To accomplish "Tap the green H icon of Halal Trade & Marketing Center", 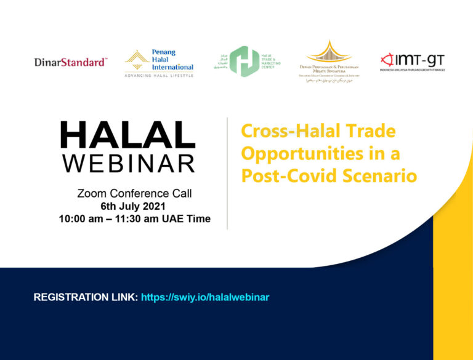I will click(244, 62).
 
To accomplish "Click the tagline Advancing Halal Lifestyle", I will click(159, 75).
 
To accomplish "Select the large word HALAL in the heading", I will click(127, 135).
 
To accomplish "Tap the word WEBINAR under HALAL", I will click(127, 163).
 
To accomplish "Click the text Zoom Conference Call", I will click(134, 193).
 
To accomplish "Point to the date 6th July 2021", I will click(134, 206).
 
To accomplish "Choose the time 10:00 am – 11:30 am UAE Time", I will click(134, 219).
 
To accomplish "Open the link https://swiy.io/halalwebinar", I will click(205, 297).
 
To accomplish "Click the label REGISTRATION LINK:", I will click(86, 297).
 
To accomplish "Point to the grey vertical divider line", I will click(227, 173).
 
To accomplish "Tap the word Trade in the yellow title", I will click(370, 132).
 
